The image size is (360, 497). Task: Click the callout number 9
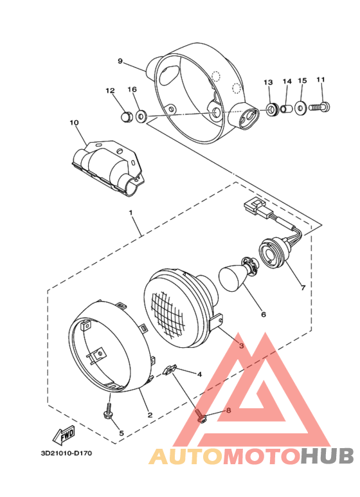(x=120, y=61)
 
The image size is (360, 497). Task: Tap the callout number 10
(x=74, y=122)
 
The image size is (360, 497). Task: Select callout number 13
(x=268, y=82)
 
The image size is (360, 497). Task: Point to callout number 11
(x=321, y=80)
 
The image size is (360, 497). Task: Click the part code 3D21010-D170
(x=66, y=453)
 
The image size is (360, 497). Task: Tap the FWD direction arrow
(x=65, y=435)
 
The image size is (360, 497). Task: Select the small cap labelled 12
(x=127, y=116)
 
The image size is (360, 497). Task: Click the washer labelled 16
(x=142, y=116)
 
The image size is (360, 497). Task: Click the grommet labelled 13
(x=273, y=109)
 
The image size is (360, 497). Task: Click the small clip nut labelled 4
(x=171, y=371)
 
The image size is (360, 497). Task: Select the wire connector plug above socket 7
(x=252, y=208)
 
